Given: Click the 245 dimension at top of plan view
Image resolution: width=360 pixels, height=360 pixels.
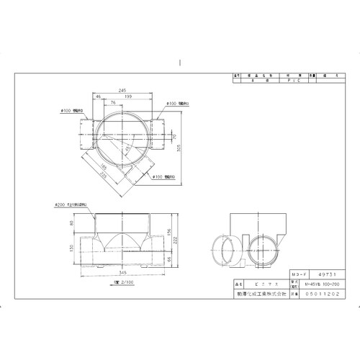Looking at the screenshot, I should click(x=124, y=90).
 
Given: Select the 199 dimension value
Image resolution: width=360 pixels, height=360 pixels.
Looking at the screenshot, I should click(x=128, y=96).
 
